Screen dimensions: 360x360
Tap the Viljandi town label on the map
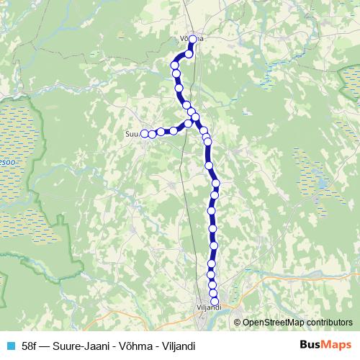[x=210, y=309]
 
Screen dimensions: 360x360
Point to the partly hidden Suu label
[x=132, y=133]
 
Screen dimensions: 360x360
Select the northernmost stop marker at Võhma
[x=193, y=40]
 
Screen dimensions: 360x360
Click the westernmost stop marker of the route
[x=144, y=133]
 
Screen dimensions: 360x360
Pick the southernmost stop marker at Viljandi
[x=214, y=302]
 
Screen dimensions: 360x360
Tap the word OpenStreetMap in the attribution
[x=272, y=323]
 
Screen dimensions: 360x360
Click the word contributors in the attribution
[x=329, y=323]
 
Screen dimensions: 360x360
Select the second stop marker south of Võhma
[x=175, y=66]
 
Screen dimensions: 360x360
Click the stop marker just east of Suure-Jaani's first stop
[x=153, y=133]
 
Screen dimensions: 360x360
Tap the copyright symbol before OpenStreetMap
[x=238, y=323]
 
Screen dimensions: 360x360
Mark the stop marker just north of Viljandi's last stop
[x=213, y=293]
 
